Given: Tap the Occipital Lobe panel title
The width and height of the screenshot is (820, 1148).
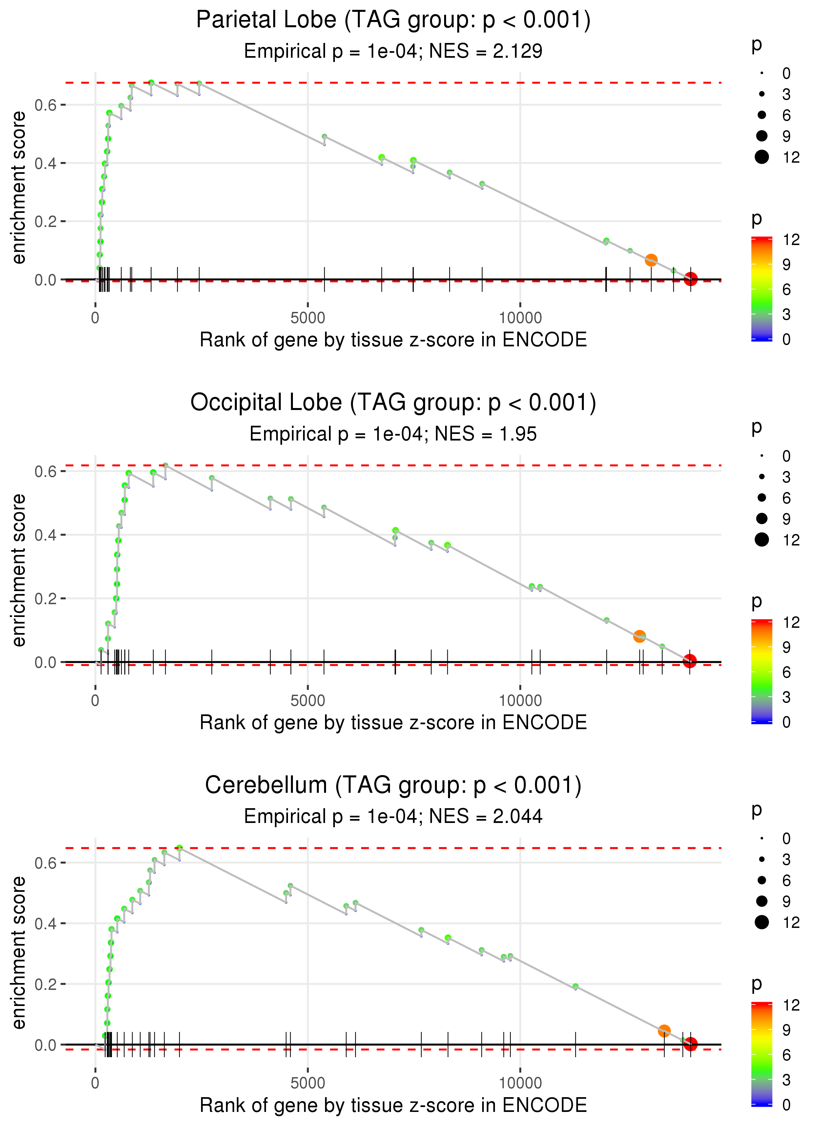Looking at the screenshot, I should [x=393, y=403].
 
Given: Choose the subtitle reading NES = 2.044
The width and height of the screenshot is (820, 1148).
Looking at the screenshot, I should [x=393, y=816].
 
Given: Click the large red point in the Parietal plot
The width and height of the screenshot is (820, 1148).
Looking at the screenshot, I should [x=690, y=279].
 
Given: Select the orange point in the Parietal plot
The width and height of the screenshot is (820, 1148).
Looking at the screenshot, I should [x=651, y=260].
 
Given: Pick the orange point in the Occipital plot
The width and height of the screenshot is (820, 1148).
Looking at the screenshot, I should [x=639, y=636].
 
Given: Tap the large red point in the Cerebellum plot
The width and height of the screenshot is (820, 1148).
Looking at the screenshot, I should [x=690, y=1043].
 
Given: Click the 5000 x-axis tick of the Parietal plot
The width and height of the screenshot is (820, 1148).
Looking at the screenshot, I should [x=308, y=318].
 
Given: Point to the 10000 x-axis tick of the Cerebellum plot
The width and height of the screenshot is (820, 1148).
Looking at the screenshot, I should [x=520, y=1083].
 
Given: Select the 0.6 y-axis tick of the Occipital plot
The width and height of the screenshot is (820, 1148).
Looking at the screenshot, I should [x=44, y=472].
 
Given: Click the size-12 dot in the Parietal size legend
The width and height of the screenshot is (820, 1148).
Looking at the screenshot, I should [x=761, y=157].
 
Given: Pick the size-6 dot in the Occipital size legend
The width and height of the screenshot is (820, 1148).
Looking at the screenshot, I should [x=761, y=498].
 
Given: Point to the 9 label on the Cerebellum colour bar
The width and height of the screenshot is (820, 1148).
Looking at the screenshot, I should [x=786, y=1029].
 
